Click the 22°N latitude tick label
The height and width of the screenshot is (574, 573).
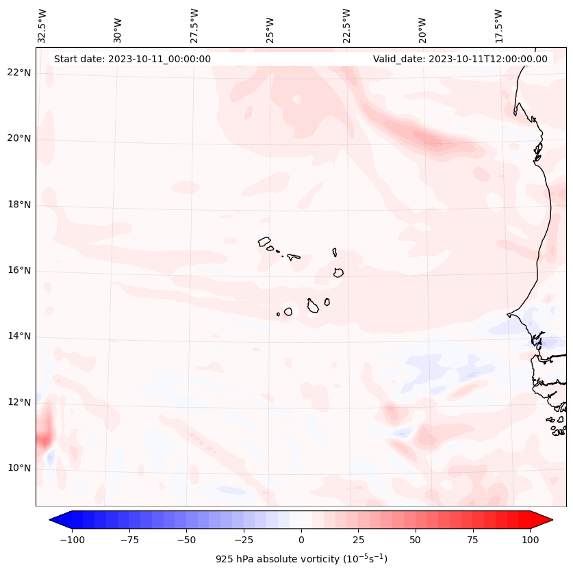tap(20, 73)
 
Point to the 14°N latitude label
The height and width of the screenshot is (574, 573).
tap(20, 337)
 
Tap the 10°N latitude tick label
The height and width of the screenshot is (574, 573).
tap(20, 469)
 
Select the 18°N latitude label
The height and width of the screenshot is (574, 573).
tap(20, 205)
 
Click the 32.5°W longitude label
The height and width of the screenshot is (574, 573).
tap(43, 26)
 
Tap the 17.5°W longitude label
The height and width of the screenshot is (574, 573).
tap(499, 26)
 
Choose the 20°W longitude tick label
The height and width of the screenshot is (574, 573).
tap(423, 29)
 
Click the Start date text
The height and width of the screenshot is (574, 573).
tap(132, 59)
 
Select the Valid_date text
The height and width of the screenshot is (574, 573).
tap(460, 59)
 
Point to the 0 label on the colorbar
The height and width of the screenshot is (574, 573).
tap(301, 540)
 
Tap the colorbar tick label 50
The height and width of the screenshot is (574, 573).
tap(416, 540)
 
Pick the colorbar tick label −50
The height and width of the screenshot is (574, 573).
tap(187, 540)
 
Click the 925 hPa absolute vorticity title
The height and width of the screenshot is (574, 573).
tap(301, 559)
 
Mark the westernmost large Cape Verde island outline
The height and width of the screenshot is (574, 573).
tap(264, 241)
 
